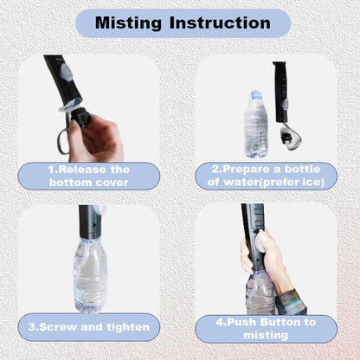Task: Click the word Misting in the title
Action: pos(128,23)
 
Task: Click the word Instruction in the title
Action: pos(220,22)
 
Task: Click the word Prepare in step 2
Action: pos(247,170)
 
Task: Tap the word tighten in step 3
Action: pos(128,327)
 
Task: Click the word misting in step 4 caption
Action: pos(266,335)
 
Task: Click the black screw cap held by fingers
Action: pos(82,117)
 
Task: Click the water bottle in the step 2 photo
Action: pos(256,125)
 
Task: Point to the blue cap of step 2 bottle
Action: pos(256,94)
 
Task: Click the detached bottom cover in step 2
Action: pos(290,138)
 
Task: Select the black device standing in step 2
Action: pos(280,92)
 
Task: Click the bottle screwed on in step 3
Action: pos(90,275)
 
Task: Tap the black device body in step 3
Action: pos(90,222)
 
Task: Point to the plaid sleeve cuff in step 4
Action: pos(290,302)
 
